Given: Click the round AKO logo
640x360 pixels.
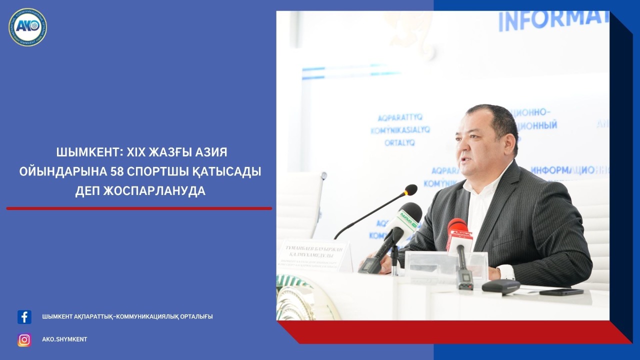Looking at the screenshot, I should [x=27, y=27].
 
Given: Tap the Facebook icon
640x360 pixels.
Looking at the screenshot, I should [x=24, y=317].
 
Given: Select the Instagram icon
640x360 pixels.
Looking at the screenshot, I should [x=24, y=339].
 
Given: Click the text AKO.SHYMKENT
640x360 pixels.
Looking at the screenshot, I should [x=64, y=339].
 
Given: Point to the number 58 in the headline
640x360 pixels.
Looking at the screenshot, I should [x=118, y=171].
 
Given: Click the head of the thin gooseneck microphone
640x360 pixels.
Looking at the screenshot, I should [x=411, y=189].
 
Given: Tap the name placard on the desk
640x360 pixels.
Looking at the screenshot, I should [x=315, y=255].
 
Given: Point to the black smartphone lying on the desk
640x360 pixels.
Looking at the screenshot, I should [x=561, y=292].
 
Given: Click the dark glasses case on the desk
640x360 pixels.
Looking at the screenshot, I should [x=500, y=286].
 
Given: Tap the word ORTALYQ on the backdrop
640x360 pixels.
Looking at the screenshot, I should [x=399, y=142].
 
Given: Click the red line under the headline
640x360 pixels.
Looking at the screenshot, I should [x=139, y=208].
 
